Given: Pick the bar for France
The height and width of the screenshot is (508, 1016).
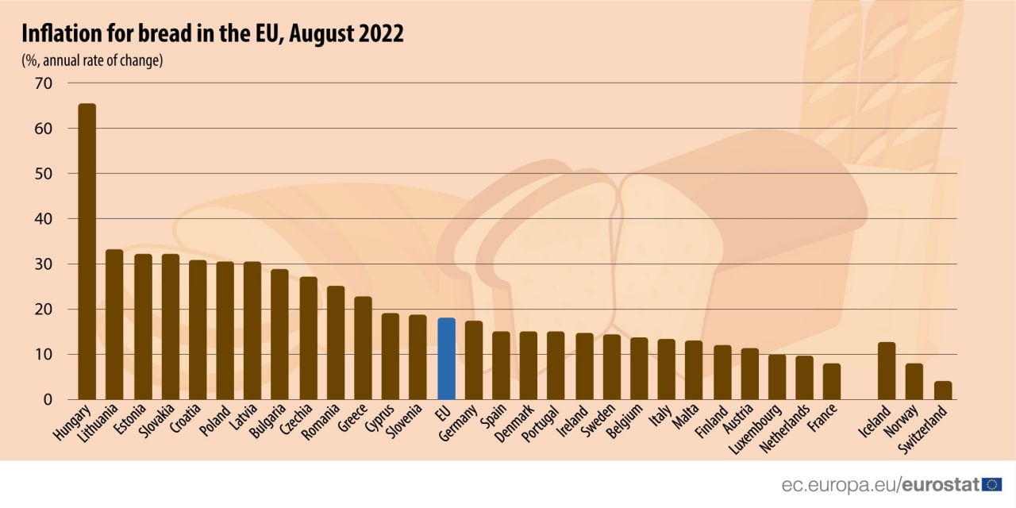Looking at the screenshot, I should (x=831, y=382).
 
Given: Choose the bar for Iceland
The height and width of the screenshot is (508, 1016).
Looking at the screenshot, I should (x=887, y=371).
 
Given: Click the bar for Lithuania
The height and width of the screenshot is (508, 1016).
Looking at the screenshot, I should (x=114, y=325).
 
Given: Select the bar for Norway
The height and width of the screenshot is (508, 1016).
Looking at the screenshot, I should (x=914, y=382).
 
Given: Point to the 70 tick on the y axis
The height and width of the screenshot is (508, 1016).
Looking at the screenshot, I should (x=43, y=83).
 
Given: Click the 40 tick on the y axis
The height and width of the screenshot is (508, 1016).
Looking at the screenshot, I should (x=43, y=219).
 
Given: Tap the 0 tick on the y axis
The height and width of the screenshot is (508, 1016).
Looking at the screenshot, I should (x=47, y=400).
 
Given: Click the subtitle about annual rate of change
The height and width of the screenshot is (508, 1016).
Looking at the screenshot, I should (x=92, y=60).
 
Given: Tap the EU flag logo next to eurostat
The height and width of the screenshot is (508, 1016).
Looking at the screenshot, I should (x=991, y=484).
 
